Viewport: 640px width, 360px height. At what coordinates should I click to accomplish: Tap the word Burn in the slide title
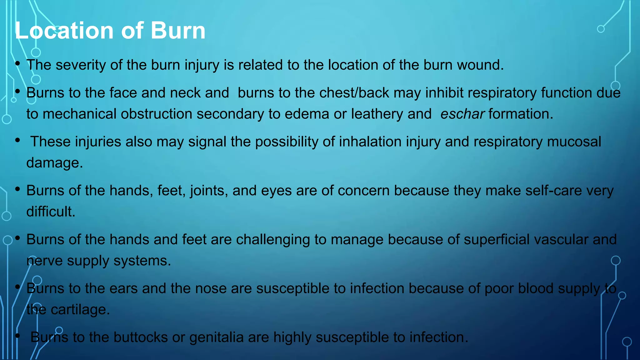pyautogui.click(x=178, y=31)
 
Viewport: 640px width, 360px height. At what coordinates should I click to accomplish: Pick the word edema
pyautogui.click(x=307, y=114)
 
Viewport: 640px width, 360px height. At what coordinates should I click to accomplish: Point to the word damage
pyautogui.click(x=54, y=163)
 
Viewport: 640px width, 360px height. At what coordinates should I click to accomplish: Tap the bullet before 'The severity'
pyautogui.click(x=17, y=64)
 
